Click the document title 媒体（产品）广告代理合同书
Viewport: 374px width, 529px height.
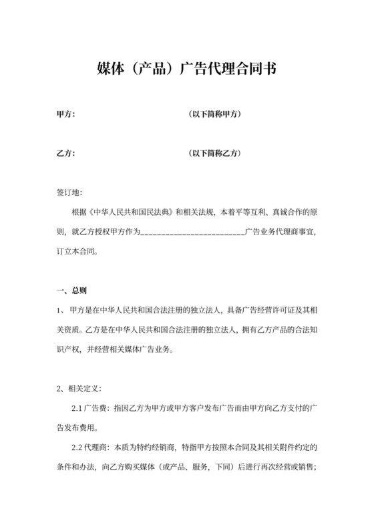point(187,69)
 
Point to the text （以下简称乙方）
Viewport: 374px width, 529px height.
point(214,154)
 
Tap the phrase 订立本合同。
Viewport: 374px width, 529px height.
point(75,253)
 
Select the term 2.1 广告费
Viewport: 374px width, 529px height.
point(91,408)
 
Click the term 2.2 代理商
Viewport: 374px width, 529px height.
point(91,447)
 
